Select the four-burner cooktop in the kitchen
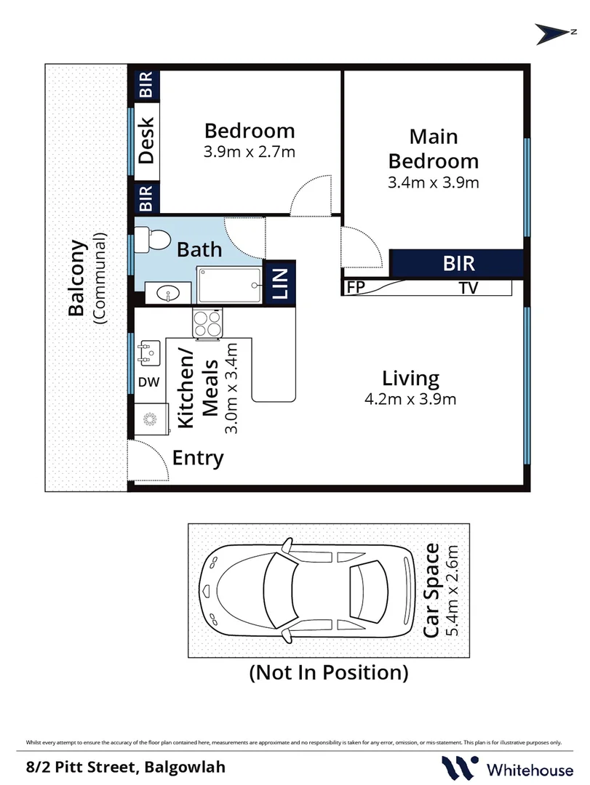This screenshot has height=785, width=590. point(207,323)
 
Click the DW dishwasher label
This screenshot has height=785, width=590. point(149,382)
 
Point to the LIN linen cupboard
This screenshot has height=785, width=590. point(279,283)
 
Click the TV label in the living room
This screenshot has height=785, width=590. point(469,288)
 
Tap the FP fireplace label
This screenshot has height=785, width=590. point(356,288)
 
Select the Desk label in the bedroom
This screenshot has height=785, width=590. point(146,141)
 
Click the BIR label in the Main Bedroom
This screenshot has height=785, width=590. point(458,263)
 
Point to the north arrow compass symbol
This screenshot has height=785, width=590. point(554,34)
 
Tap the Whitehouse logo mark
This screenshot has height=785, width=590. point(458,767)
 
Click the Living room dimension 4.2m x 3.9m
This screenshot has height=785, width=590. point(410,400)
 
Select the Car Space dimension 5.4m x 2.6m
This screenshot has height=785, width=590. point(453,591)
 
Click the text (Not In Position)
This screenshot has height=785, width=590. point(329,672)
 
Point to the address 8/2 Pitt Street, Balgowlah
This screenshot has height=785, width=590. point(126,767)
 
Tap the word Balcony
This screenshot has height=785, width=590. point(76,278)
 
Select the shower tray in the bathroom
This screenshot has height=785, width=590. point(230,285)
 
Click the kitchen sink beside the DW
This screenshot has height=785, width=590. point(148,351)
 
